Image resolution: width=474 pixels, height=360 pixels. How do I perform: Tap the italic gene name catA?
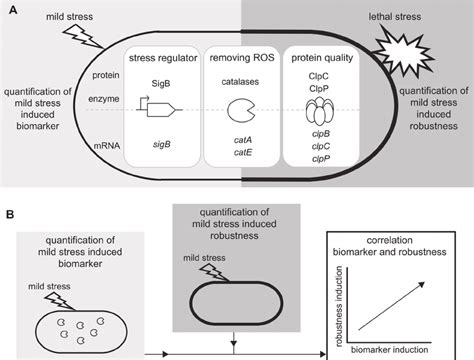tap(241, 140)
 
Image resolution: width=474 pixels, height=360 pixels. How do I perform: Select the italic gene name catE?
tap(241, 154)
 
